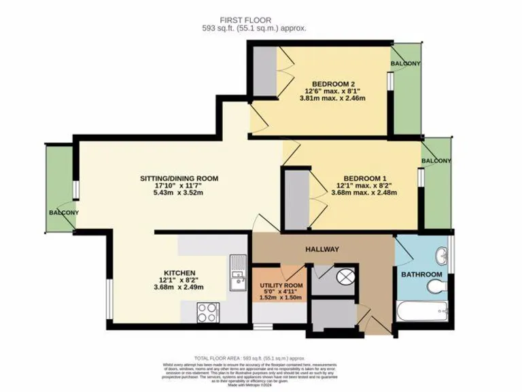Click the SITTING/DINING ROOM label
(x=179, y=179)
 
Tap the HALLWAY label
(x=322, y=250)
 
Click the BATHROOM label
(x=421, y=275)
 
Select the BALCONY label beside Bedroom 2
(x=405, y=64)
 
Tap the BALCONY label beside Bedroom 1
(x=436, y=161)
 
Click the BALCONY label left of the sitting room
(x=63, y=213)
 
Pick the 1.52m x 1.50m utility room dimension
(x=279, y=297)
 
